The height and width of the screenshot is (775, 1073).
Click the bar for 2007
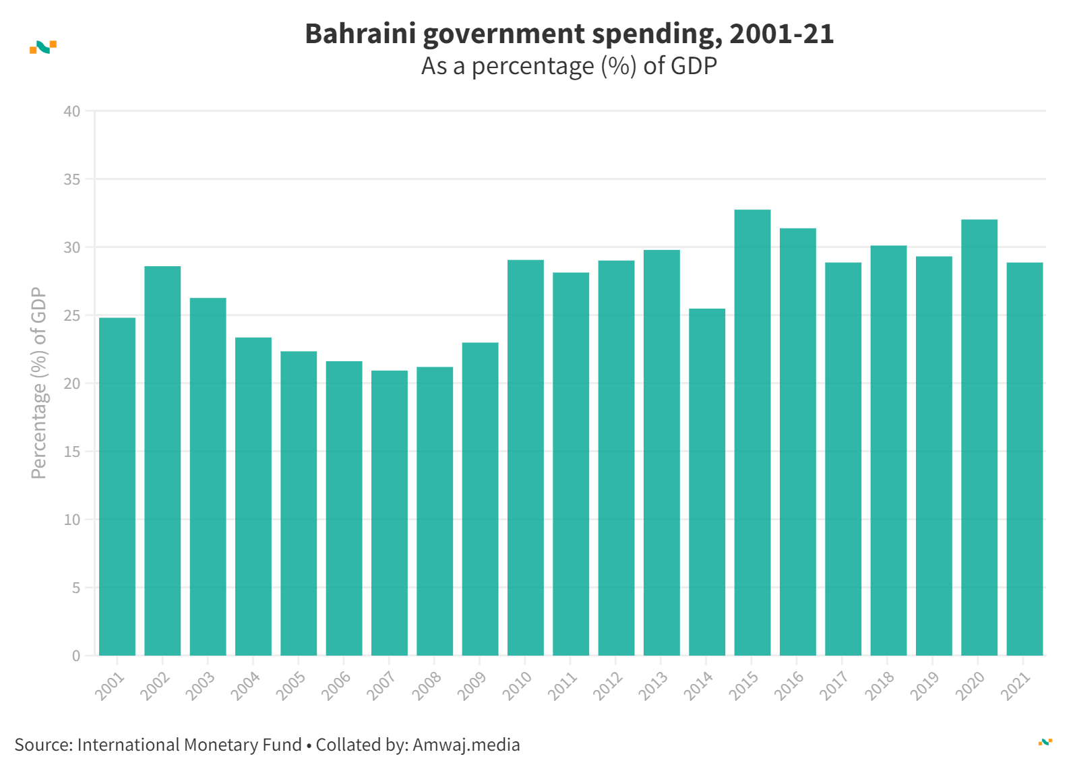pos(390,513)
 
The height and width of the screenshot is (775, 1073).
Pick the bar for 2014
pos(707,482)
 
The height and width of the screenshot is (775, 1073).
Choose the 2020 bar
pos(979,437)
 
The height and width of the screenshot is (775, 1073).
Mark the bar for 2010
pos(526,458)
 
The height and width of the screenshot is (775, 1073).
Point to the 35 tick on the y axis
pos(72,180)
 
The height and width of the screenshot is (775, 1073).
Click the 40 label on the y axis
pos(72,112)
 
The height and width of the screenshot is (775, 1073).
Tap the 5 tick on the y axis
pos(76,588)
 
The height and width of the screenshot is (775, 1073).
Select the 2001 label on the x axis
pos(110,687)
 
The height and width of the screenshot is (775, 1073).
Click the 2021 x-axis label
pos(1017,687)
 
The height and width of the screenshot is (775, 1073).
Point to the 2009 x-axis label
pos(472,687)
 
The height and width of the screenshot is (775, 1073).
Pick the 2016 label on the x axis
pos(789,687)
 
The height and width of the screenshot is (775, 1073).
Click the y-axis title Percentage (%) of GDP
pos(39,383)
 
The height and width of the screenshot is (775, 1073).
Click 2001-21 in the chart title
pos(781,34)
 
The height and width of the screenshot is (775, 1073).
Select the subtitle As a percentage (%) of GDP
pos(569,66)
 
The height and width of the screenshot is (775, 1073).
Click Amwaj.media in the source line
pos(466,745)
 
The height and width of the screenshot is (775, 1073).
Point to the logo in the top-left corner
pos(43,47)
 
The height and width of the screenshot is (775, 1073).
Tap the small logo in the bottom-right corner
pos(1045,742)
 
